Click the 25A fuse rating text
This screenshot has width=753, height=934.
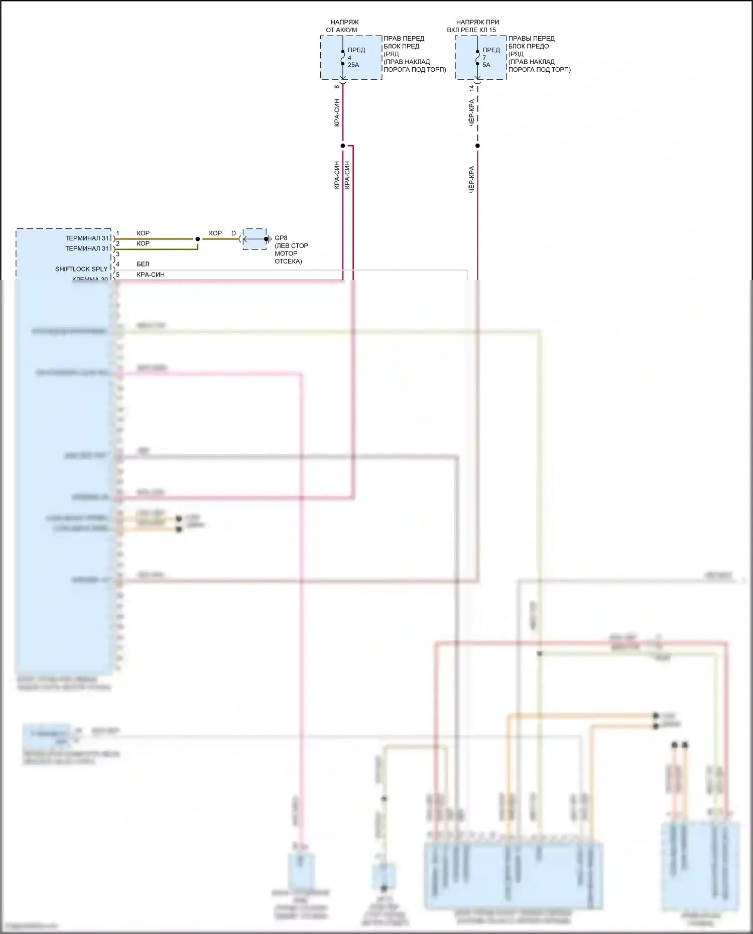[x=353, y=65]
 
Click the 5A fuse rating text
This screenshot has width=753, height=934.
[x=486, y=65]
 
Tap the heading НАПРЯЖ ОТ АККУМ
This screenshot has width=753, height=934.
[x=343, y=26]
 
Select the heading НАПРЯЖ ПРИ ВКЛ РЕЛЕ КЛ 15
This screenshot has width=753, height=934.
[x=475, y=26]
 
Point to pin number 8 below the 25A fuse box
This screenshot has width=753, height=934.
[x=337, y=87]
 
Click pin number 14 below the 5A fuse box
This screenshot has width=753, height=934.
[x=471, y=88]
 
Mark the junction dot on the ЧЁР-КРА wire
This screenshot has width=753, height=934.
[x=477, y=146]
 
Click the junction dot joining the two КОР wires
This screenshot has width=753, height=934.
[x=198, y=239]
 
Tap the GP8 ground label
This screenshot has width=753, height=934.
[x=281, y=238]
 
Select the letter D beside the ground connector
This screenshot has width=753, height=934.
[x=233, y=233]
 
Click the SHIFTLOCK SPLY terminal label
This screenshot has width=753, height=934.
[x=81, y=269]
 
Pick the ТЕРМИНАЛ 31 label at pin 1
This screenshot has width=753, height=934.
[x=87, y=238]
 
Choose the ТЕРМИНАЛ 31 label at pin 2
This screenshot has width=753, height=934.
[x=87, y=248]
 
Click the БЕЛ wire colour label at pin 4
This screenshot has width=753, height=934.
[x=143, y=264]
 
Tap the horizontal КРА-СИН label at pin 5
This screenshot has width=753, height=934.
[x=151, y=275]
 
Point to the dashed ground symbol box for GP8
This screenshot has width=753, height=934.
[x=255, y=239]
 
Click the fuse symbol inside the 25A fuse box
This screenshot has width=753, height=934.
[x=343, y=58]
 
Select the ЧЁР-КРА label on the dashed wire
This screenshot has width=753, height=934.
[x=471, y=112]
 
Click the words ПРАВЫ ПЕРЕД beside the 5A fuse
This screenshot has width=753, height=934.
[x=531, y=38]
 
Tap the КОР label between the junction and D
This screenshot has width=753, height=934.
[x=215, y=233]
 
